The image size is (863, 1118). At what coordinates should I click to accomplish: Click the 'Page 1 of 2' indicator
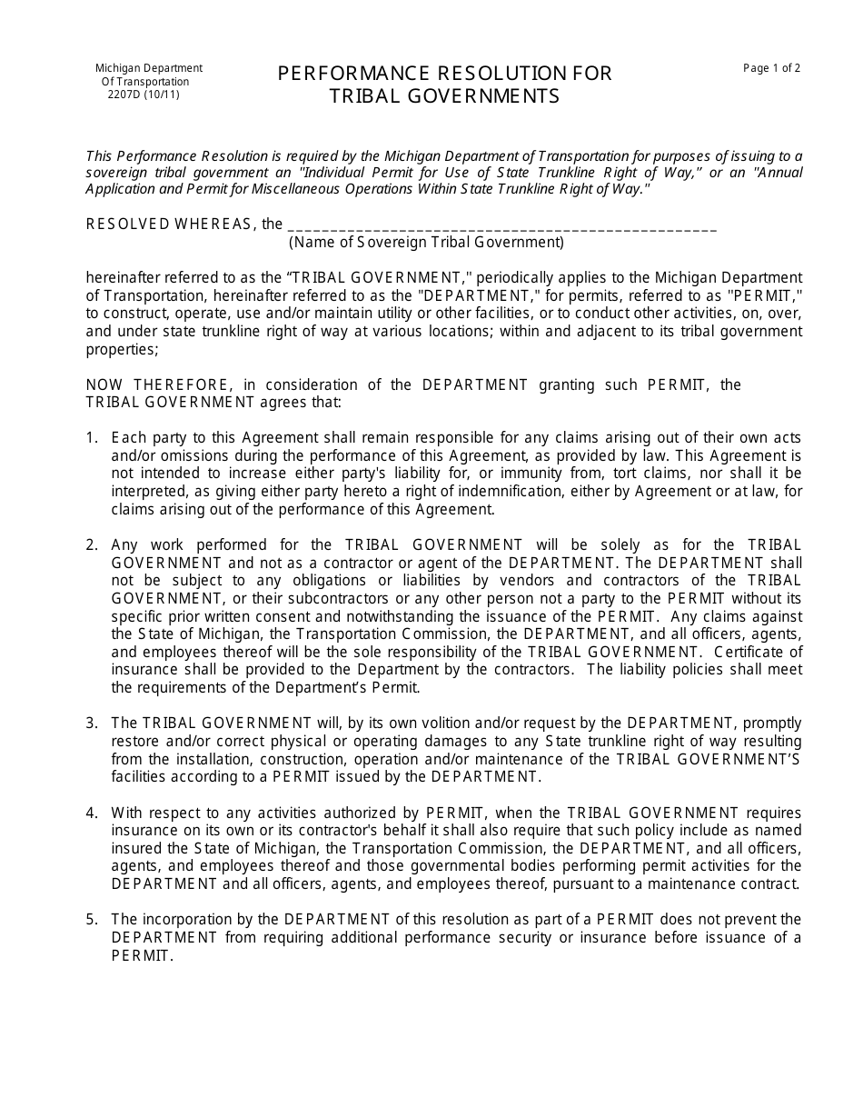[x=771, y=68]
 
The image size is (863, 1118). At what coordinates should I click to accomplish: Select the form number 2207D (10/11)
[x=144, y=95]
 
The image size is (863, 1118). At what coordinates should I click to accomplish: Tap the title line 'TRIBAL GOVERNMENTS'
[x=445, y=96]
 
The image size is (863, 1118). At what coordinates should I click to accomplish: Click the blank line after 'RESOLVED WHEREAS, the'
[x=501, y=225]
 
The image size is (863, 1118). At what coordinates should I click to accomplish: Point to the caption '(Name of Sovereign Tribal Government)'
[x=426, y=243]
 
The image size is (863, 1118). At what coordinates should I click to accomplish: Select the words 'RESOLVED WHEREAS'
[x=169, y=225]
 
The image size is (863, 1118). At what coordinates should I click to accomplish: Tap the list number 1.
[x=92, y=438]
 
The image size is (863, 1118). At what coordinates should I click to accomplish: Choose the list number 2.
[x=92, y=545]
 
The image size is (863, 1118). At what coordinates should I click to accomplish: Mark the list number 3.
[x=92, y=724]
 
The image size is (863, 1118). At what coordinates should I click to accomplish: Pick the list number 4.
[x=92, y=813]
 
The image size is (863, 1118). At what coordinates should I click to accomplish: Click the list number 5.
[x=92, y=920]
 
